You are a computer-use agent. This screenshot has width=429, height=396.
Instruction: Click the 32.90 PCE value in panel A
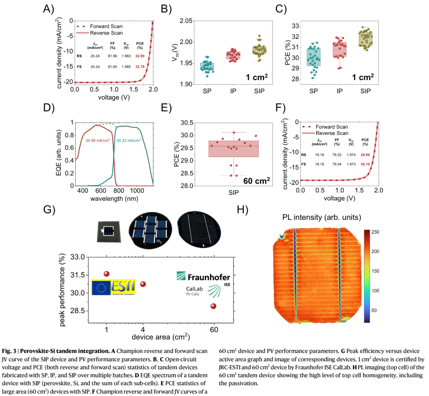coord(140,56)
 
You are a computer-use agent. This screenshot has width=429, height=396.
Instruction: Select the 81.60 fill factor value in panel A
coord(112,67)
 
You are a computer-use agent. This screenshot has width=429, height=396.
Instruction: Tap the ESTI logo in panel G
coord(113,287)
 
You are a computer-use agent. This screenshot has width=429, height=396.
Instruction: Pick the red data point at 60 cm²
coord(214,306)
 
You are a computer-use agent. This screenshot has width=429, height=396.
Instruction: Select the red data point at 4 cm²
coord(143,284)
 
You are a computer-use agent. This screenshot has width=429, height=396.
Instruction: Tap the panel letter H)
coord(243,209)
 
